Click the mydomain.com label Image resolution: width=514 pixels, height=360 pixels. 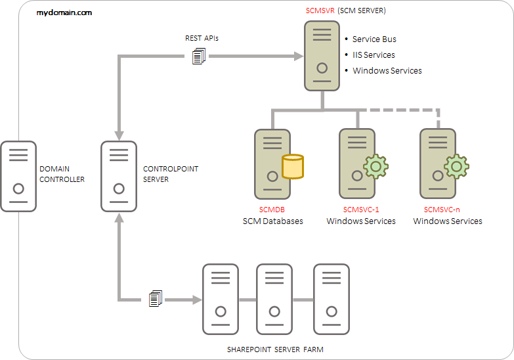click(64, 12)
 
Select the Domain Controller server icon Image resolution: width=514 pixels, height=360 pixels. click(18, 176)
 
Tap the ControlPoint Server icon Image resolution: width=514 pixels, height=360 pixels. click(118, 176)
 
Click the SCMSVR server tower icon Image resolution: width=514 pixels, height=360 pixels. click(322, 56)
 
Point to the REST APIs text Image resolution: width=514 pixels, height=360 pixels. click(202, 38)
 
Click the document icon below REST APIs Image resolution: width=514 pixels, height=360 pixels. click(199, 57)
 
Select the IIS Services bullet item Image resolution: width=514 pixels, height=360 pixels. click(374, 55)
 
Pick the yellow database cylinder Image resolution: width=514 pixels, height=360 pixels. click(293, 167)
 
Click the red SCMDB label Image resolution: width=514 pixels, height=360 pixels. click(272, 210)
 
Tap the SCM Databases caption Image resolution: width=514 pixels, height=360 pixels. click(273, 221)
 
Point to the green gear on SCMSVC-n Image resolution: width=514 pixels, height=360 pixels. click(456, 167)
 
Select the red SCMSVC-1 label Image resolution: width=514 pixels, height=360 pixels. click(361, 210)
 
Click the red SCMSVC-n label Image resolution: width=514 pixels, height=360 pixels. click(442, 210)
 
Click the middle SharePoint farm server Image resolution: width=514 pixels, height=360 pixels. click(274, 299)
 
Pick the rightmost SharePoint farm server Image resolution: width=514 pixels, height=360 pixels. click(331, 299)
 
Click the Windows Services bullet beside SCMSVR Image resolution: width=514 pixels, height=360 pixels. click(387, 71)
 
